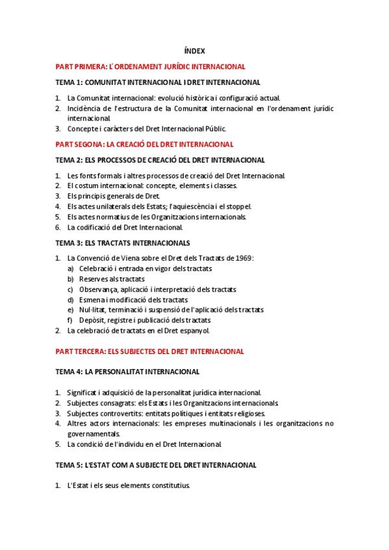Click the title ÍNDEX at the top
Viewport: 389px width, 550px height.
tap(195, 51)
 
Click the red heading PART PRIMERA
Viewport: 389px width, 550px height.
tap(150, 67)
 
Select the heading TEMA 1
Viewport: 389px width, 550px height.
tap(158, 82)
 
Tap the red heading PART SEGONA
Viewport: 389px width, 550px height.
tap(144, 145)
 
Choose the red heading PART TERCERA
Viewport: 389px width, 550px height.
tap(149, 352)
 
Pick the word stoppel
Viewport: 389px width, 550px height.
tap(238, 207)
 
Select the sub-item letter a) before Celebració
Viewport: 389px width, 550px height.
tap(70, 269)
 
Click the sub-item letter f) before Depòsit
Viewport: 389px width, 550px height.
tap(70, 320)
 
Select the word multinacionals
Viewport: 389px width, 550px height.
tap(240, 424)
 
